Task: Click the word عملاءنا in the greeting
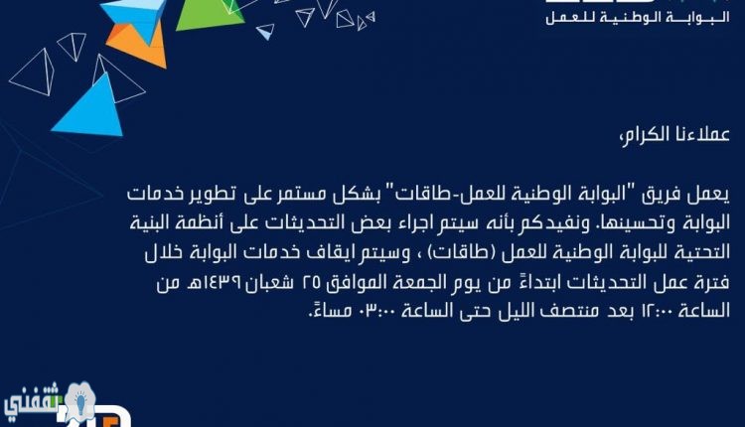click(x=704, y=134)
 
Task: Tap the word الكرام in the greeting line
click(x=647, y=134)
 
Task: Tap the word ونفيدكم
click(x=552, y=223)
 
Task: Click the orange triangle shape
click(x=138, y=44)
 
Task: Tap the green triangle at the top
click(x=209, y=15)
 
